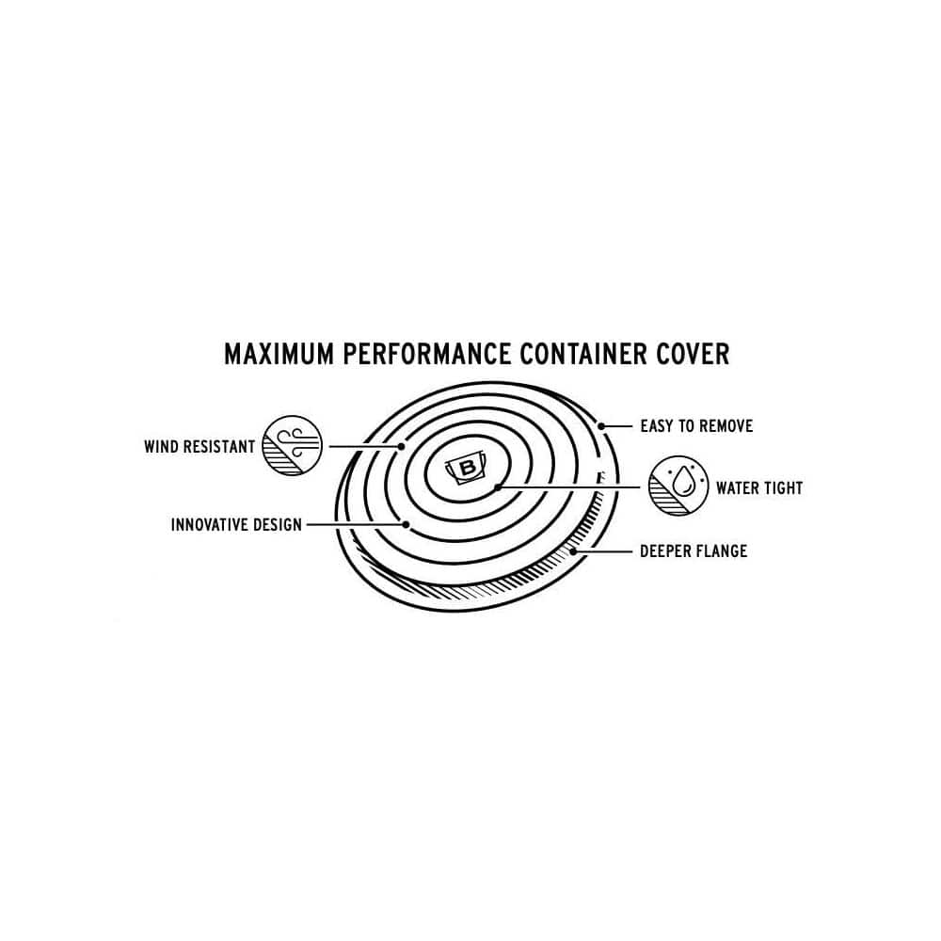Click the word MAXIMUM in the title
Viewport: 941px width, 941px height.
(279, 354)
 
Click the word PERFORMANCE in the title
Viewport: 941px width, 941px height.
(426, 354)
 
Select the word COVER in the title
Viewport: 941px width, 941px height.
(693, 354)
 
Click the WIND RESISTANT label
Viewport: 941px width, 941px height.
(199, 446)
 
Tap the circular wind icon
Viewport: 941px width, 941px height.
(293, 446)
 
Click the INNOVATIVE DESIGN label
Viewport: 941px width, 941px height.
(236, 524)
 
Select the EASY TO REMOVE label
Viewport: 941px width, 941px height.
(696, 426)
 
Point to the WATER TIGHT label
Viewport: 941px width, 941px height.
(759, 487)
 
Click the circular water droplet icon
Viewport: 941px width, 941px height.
(678, 486)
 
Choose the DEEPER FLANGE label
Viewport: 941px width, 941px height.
(694, 550)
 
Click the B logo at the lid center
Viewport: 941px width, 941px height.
(467, 468)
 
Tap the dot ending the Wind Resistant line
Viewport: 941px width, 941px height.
(402, 446)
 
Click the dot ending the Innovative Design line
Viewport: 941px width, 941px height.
(407, 524)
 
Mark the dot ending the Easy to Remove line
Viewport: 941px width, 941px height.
(601, 426)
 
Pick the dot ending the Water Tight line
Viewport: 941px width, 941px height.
(498, 487)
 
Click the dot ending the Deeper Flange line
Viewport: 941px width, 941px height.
(573, 550)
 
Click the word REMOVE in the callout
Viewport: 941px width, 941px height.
(726, 426)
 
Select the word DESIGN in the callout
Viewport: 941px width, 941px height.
(278, 524)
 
